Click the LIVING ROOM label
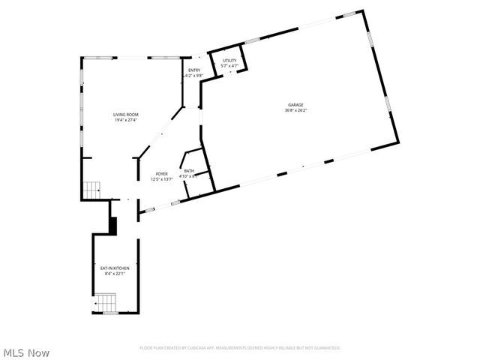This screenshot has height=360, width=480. coord(126,115)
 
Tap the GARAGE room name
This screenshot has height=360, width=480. coord(295,105)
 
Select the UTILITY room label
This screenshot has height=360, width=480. coord(229,61)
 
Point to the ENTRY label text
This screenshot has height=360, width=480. coord(194,70)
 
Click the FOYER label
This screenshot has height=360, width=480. coord(162,174)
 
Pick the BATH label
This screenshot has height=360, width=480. coord(189,171)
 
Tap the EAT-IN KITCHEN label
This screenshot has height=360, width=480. coord(115,268)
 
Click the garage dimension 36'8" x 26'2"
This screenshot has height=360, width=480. coord(295,110)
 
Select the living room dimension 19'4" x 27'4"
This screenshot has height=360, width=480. coord(126,120)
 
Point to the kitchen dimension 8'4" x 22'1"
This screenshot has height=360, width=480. coord(115,273)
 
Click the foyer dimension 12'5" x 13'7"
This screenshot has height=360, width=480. coord(162,179)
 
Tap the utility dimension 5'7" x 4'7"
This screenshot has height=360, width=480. coord(229,66)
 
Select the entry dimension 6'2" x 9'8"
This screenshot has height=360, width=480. coord(194,76)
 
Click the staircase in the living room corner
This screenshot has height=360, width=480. coord(91,190)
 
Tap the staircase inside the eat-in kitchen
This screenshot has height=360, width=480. coord(105,303)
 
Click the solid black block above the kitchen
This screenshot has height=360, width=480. coord(113,225)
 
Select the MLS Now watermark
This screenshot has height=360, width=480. coord(27,352)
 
